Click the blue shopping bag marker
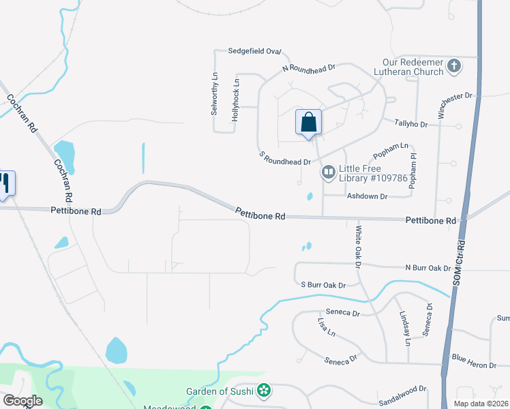308,123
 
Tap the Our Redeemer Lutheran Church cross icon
454,67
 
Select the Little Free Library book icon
328,172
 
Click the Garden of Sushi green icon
264,391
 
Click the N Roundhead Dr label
309,68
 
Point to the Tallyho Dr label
410,123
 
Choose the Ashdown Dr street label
367,196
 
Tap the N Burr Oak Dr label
427,268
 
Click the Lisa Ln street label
327,327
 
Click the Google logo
22,401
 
